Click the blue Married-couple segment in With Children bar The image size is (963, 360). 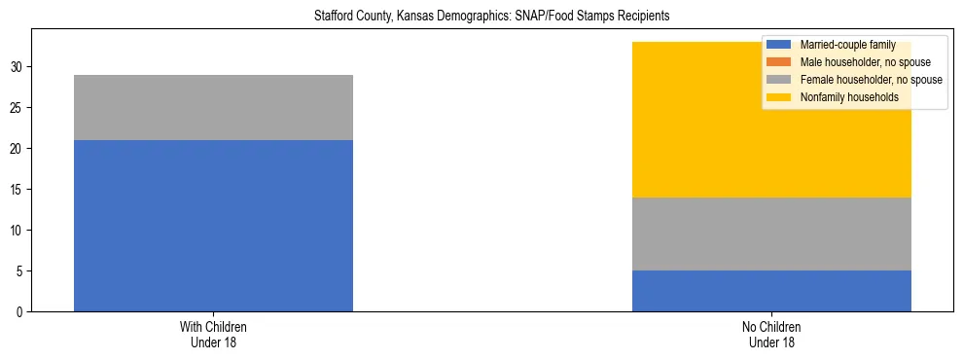pyautogui.click(x=213, y=226)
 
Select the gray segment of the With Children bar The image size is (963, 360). pyautogui.click(x=213, y=107)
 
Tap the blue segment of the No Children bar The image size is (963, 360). pyautogui.click(x=771, y=291)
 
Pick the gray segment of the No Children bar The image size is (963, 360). pyautogui.click(x=771, y=234)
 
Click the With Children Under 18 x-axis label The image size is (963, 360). pyautogui.click(x=213, y=335)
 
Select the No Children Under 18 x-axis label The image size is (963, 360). pyautogui.click(x=771, y=335)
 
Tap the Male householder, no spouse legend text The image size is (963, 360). pyautogui.click(x=865, y=62)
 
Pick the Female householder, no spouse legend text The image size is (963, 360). pyautogui.click(x=871, y=80)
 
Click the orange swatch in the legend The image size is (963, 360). pyautogui.click(x=779, y=62)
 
